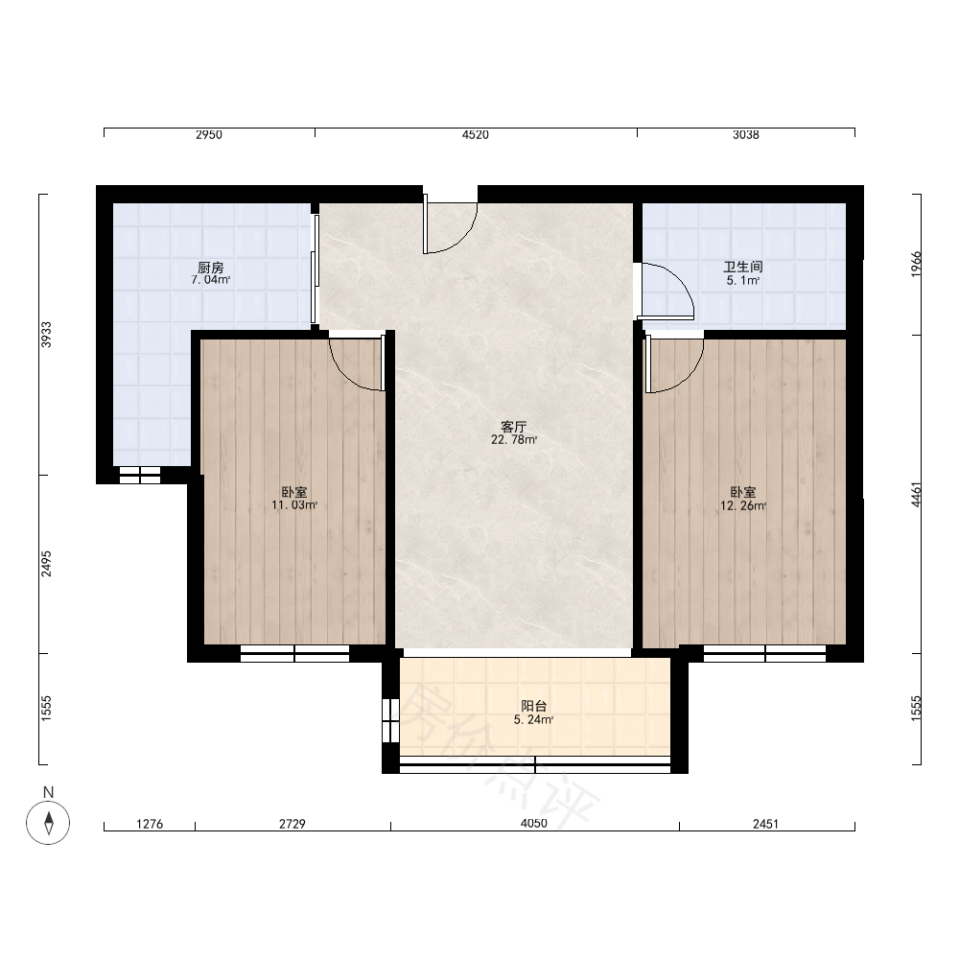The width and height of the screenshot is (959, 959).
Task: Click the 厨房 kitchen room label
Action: point(210,268)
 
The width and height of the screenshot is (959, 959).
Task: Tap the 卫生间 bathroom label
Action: point(743,268)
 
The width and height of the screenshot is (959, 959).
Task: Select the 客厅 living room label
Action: point(514,427)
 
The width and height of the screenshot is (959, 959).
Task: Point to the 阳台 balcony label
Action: point(534,707)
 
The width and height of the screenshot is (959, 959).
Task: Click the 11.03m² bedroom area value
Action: point(294,505)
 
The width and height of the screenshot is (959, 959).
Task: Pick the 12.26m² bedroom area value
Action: point(743,505)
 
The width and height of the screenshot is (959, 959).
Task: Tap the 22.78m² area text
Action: point(514,440)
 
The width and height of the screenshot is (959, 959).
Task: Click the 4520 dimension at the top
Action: point(476,135)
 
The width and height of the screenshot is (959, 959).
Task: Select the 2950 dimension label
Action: point(208,135)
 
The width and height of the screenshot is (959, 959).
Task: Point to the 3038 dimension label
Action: point(745,135)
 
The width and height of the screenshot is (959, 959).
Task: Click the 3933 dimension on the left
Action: point(46,335)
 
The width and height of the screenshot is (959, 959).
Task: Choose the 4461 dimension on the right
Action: point(916,494)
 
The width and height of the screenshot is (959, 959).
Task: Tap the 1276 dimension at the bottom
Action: point(150,825)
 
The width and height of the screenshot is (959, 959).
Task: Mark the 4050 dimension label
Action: point(534,824)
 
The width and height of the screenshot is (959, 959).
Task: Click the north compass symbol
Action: point(48,822)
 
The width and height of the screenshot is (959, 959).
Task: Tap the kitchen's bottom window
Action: point(139,476)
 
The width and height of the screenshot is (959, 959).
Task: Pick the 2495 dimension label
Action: point(46,564)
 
